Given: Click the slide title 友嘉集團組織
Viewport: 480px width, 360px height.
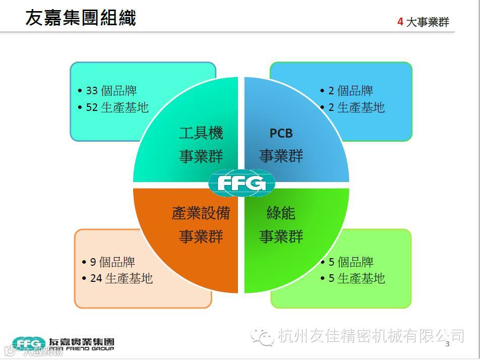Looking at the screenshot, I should (x=81, y=18).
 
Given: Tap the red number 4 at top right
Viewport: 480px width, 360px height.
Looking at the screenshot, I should (x=400, y=22).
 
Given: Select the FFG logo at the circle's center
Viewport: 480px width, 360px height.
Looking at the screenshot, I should (x=242, y=183).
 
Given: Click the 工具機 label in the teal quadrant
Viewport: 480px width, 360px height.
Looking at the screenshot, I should (x=201, y=133).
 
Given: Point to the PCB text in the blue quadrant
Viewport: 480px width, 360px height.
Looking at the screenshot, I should (x=281, y=133).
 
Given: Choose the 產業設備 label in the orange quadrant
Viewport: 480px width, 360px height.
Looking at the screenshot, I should (x=201, y=213).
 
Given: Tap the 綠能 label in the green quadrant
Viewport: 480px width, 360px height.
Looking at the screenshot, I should (x=281, y=213).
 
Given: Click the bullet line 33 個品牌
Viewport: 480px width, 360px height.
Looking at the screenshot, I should (x=110, y=91).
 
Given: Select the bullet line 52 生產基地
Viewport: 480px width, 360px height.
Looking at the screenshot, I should (x=116, y=107).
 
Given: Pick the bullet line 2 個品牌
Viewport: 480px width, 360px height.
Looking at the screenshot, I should (x=350, y=91).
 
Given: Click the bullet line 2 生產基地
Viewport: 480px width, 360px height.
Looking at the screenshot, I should (x=356, y=107).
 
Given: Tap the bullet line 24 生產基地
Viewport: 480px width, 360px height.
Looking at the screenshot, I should (x=121, y=278).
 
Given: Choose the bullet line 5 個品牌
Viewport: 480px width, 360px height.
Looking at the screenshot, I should (x=350, y=262).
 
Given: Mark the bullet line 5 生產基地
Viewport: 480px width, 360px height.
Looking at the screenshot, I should (x=356, y=278).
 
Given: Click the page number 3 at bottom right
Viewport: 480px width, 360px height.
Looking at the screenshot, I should (x=447, y=344).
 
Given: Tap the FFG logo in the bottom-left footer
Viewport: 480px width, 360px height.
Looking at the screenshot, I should (x=29, y=343).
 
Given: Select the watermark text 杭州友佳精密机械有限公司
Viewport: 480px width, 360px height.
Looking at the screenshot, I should (x=371, y=335).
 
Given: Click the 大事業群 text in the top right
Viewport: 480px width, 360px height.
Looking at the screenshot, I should (x=427, y=22).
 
